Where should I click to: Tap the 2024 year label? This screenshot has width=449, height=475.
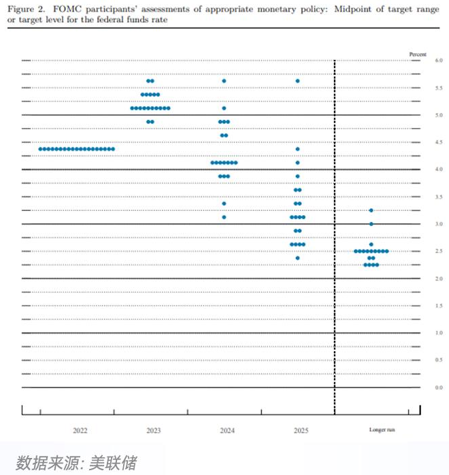point(227,431)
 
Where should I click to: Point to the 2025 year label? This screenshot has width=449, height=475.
point(300,431)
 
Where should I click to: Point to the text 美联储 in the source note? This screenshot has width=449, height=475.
point(118,463)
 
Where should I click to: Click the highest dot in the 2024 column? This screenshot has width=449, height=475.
point(224,81)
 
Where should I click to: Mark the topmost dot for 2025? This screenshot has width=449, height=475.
point(297,81)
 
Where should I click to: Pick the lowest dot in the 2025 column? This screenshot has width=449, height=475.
point(297,258)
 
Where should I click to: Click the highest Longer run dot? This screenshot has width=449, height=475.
point(371,210)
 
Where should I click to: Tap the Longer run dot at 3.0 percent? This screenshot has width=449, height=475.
point(371,224)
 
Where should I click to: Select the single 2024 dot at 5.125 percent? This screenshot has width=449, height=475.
point(224,108)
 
